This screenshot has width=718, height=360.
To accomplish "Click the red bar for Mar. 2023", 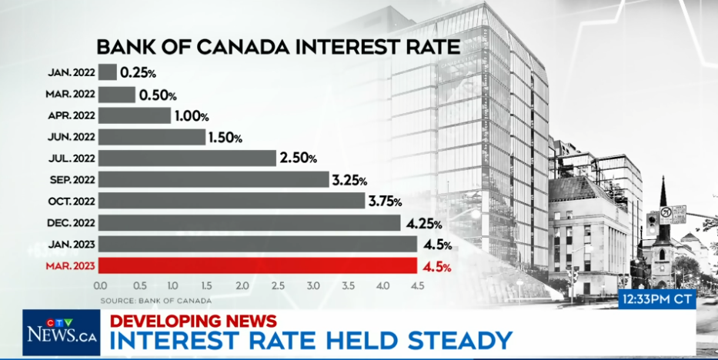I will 259,266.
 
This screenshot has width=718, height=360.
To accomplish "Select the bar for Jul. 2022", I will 187,158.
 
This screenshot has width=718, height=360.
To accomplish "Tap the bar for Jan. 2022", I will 108,72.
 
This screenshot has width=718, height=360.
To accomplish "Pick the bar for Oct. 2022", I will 231,201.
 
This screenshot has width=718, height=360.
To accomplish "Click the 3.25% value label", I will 350,180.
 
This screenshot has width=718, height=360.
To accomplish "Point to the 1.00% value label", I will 192,116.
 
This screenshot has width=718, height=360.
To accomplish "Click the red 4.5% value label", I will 436,267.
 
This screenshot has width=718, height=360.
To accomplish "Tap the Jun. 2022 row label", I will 72,138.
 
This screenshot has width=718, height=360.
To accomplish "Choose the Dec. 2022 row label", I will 72,223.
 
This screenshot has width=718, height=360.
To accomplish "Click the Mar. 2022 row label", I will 71,95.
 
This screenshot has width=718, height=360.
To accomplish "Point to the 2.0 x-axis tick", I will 242,286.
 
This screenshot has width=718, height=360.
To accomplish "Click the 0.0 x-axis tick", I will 100,286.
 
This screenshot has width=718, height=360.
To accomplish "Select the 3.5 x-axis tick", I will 348,286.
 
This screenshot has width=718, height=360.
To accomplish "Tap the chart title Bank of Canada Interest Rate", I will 278,46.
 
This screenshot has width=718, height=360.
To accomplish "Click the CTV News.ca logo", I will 61,332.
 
